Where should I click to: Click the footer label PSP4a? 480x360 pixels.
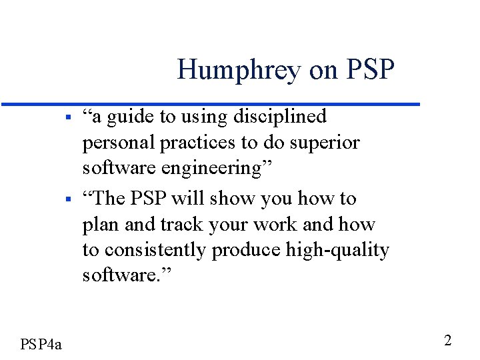[41, 344]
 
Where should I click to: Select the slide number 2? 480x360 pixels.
[448, 341]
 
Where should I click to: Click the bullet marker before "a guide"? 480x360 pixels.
[69, 118]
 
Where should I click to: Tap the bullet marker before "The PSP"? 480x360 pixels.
[69, 199]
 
